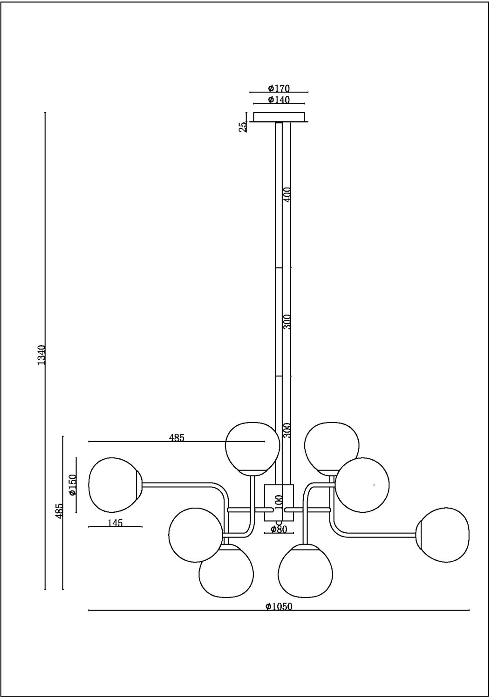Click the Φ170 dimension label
click(279, 88)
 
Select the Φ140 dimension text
click(279, 100)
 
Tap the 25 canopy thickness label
click(243, 127)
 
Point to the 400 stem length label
click(287, 194)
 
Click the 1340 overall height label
click(41, 355)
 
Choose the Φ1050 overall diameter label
click(279, 606)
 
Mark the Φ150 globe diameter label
click(73, 485)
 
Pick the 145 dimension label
click(115, 523)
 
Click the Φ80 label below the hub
click(279, 529)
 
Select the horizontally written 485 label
click(177, 437)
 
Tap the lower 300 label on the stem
click(287, 430)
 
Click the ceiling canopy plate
click(279, 116)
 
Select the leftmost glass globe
click(114, 484)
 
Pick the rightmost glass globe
click(443, 535)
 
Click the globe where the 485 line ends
click(252, 448)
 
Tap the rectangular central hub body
click(279, 503)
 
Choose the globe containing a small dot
click(362, 484)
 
